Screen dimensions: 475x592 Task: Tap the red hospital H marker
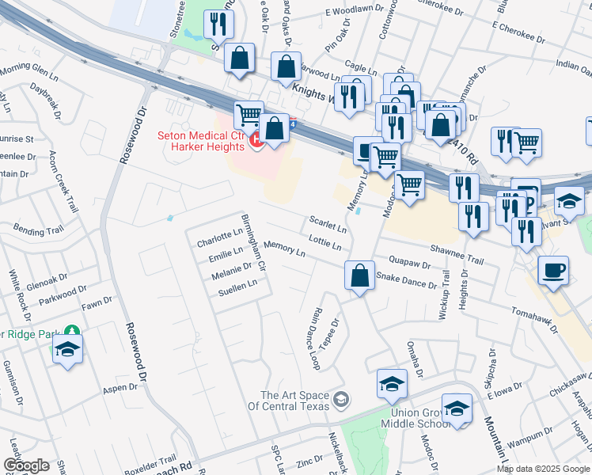[256, 141]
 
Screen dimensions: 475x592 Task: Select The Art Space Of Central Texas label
[294, 401]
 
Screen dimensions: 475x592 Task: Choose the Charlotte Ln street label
[219, 237]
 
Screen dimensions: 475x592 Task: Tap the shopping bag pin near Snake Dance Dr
[359, 276]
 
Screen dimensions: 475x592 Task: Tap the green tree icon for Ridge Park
[72, 330]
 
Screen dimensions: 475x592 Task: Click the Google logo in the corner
[26, 465]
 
